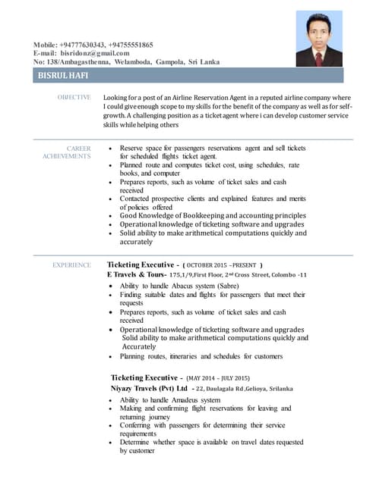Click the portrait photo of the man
(x=318, y=39)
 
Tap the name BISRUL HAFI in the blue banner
(x=63, y=76)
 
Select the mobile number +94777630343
(x=87, y=45)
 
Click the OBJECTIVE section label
(x=74, y=98)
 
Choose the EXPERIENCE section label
(x=71, y=264)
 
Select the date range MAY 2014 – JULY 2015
(x=218, y=378)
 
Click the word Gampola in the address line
(x=170, y=61)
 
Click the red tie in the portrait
(x=318, y=56)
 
